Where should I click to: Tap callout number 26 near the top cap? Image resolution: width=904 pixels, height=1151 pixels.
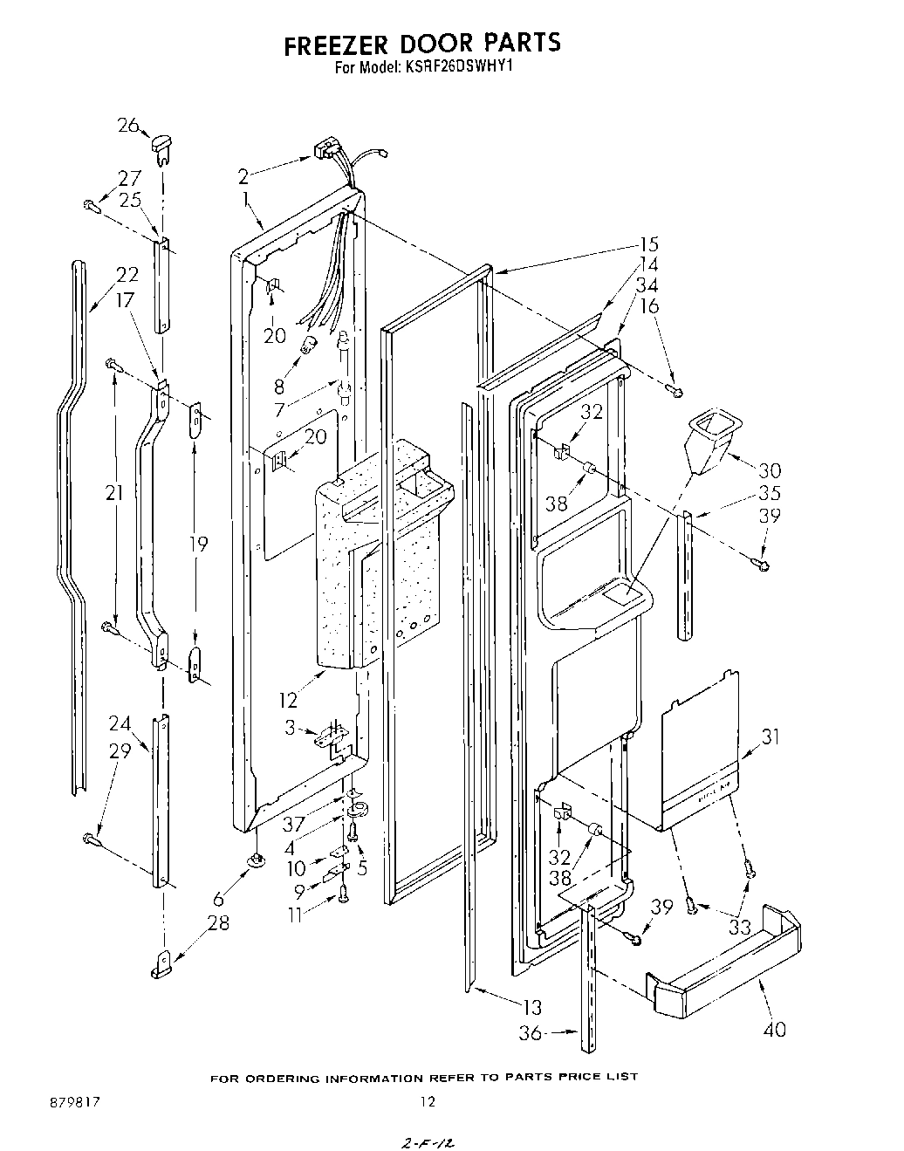click(x=128, y=126)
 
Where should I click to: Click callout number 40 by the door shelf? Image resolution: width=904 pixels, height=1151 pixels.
click(x=774, y=1029)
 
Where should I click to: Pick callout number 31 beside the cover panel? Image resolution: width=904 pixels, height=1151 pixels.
click(x=770, y=737)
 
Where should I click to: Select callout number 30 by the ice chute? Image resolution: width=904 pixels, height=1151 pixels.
click(x=770, y=470)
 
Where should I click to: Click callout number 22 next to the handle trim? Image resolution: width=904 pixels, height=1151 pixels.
click(x=127, y=275)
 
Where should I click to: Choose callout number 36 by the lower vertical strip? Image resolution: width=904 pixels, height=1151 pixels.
click(x=530, y=1033)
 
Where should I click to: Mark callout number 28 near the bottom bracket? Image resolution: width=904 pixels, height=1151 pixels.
click(x=218, y=922)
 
